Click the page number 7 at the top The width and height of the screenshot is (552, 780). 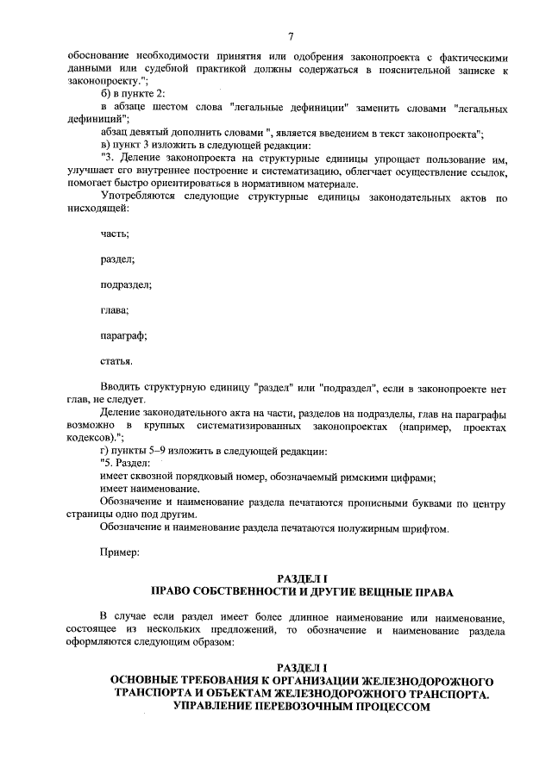coord(292,35)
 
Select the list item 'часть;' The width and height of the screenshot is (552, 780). coord(115,234)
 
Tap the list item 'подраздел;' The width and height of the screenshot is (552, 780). coord(126,284)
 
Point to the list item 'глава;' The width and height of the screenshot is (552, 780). coord(115,309)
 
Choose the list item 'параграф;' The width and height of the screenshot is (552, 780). coord(123,334)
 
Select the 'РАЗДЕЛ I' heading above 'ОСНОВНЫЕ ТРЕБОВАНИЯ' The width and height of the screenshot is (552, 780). coord(300,668)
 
